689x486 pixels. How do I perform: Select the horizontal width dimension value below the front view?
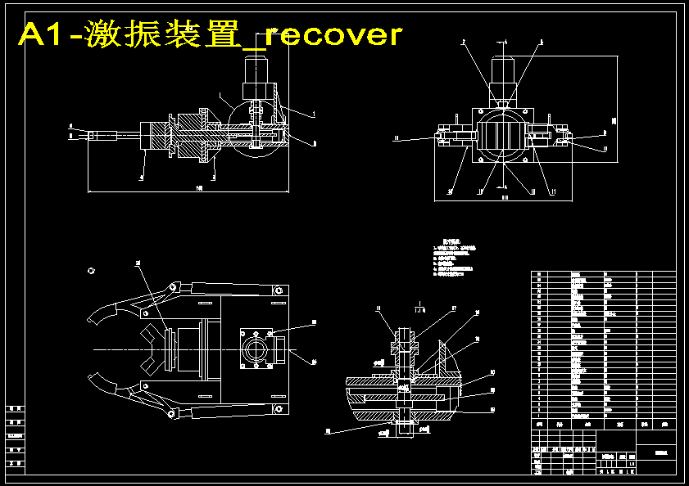[505, 196]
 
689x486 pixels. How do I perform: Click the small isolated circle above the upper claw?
[92, 270]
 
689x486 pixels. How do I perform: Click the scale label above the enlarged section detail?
[419, 310]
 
